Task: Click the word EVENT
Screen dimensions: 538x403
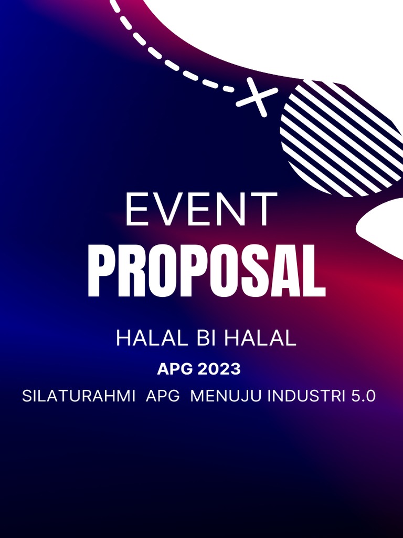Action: pos(201,209)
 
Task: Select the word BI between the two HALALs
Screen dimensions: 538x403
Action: pos(206,339)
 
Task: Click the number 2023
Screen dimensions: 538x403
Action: pos(219,369)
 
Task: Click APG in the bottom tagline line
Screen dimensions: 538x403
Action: pos(163,396)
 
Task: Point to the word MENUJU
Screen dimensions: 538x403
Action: pos(227,396)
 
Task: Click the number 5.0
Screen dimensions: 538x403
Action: pos(363,396)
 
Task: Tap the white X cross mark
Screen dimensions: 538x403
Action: pos(257,97)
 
